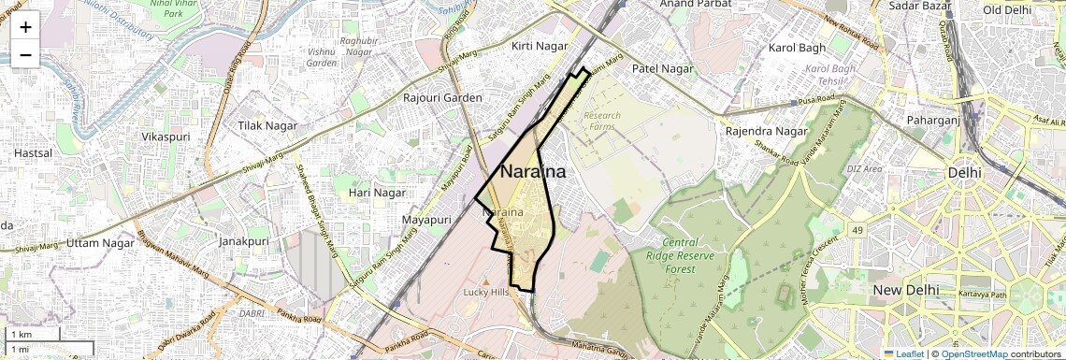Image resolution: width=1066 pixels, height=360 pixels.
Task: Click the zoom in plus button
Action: coord(25,27)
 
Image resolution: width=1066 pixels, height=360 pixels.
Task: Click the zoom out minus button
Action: coord(25,55)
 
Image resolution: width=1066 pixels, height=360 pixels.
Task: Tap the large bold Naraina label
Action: coord(533,172)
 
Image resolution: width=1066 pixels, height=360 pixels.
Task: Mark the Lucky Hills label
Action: coord(486,293)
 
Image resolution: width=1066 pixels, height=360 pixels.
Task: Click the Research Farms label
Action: coord(601,122)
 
